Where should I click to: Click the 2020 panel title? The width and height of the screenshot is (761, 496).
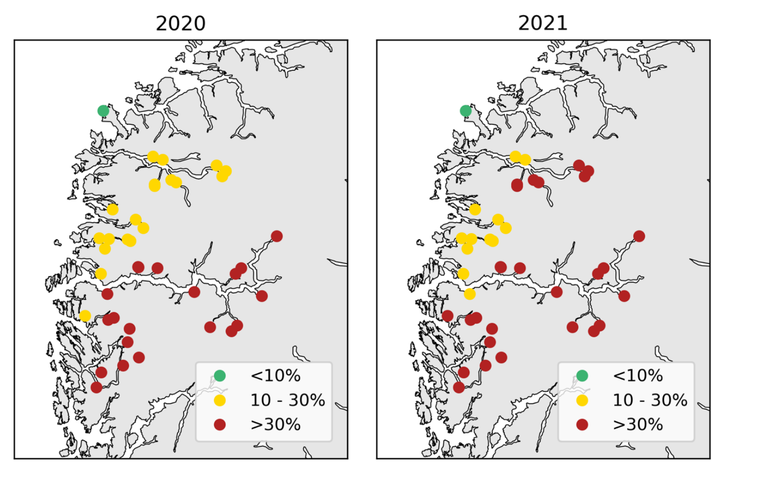(181, 23)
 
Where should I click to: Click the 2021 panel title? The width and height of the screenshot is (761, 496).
(543, 23)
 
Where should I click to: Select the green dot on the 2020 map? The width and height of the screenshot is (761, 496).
(103, 111)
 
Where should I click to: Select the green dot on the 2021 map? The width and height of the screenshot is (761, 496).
(466, 111)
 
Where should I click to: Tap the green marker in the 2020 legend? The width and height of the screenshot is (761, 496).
(219, 376)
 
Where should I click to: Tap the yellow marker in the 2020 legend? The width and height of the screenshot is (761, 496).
(219, 400)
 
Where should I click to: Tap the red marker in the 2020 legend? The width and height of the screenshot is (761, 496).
(219, 425)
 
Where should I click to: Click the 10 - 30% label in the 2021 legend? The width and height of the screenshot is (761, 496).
(650, 400)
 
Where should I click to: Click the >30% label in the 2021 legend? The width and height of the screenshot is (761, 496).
(638, 425)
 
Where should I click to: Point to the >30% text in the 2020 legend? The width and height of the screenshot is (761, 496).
(275, 425)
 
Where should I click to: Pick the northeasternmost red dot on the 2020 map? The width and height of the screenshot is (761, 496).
(277, 236)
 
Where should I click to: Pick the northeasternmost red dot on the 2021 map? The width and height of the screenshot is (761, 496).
(639, 236)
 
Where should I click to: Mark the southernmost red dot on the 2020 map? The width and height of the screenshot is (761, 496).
(96, 387)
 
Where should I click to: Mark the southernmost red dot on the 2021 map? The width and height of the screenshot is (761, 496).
(459, 387)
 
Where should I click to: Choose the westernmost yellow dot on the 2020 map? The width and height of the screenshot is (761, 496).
(85, 316)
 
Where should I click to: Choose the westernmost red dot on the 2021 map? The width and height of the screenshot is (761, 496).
(447, 316)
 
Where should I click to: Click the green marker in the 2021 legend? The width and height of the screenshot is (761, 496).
(582, 376)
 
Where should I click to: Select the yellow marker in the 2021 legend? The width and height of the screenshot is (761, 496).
(582, 400)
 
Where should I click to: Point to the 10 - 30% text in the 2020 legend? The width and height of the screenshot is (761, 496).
(287, 400)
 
